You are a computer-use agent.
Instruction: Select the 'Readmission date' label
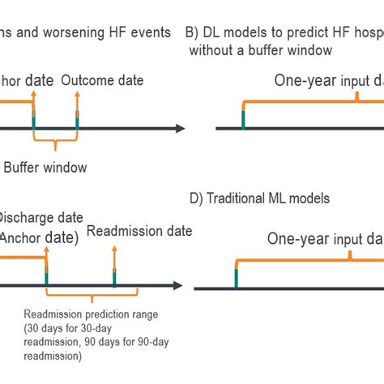pos(139,231)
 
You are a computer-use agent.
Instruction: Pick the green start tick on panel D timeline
pos(236,279)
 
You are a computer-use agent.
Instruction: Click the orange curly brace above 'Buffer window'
pos(55,145)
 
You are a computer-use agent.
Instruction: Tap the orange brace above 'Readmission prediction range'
pos(80,299)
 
